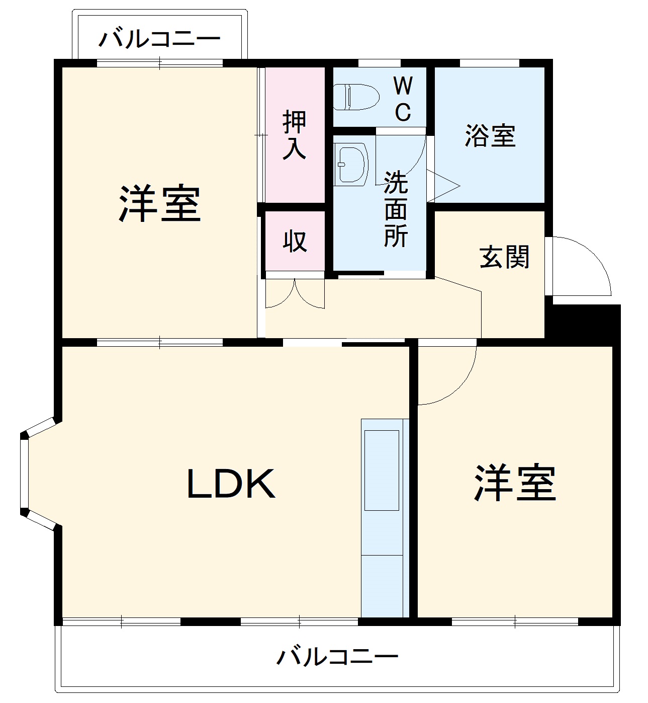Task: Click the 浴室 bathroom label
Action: tap(490, 136)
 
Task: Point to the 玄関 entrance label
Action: tap(504, 257)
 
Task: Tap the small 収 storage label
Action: tap(295, 241)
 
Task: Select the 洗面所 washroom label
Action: tap(396, 209)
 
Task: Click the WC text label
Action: tap(403, 99)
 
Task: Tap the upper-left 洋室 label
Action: tap(159, 204)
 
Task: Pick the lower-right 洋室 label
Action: tap(515, 483)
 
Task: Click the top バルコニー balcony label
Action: tap(159, 39)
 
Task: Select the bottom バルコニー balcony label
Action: tap(337, 657)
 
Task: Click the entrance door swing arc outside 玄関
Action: tap(583, 267)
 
